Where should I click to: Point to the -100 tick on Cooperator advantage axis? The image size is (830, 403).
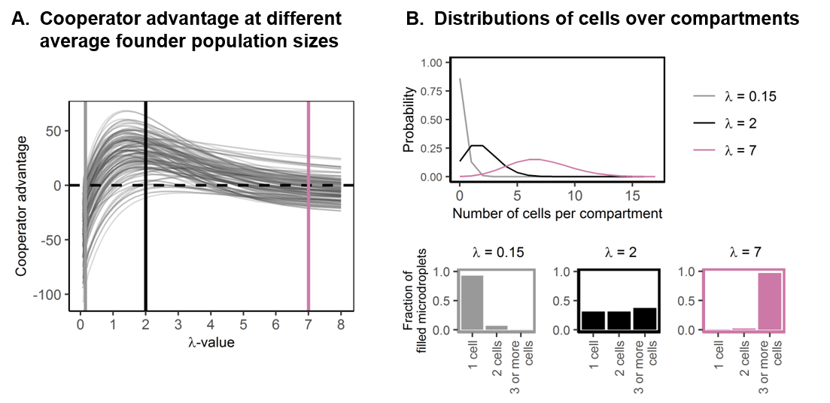click(x=55, y=295)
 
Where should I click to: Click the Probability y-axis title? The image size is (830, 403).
click(x=409, y=120)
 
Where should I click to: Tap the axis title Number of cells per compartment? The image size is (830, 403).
click(x=557, y=214)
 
